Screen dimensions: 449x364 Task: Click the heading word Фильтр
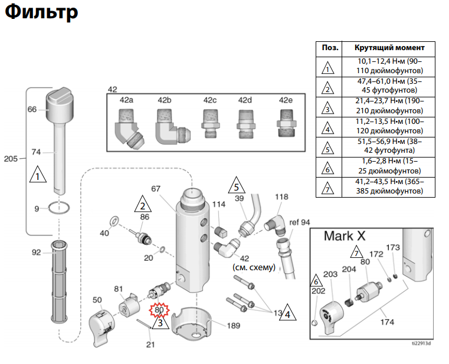click(41, 12)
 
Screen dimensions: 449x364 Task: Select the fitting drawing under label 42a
click(129, 129)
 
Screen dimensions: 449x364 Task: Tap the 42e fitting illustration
click(286, 123)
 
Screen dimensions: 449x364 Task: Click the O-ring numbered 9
click(59, 208)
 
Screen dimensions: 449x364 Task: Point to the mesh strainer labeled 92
click(59, 282)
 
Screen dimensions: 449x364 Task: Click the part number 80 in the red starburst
click(159, 310)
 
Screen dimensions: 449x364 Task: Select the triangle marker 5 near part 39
click(237, 185)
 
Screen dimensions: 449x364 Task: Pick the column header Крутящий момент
click(389, 48)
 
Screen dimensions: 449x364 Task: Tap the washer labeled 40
click(114, 221)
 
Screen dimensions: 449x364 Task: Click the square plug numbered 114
click(221, 231)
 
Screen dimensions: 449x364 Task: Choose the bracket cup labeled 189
click(192, 323)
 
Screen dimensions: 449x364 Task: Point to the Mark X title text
click(345, 236)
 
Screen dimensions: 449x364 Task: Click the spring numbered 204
click(349, 302)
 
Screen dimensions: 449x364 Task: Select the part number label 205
click(11, 159)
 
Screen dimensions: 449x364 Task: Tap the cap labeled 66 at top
click(60, 104)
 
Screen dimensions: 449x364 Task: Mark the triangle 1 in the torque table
click(328, 68)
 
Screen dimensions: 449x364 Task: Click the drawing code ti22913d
click(421, 343)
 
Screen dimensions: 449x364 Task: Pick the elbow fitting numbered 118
click(276, 225)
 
